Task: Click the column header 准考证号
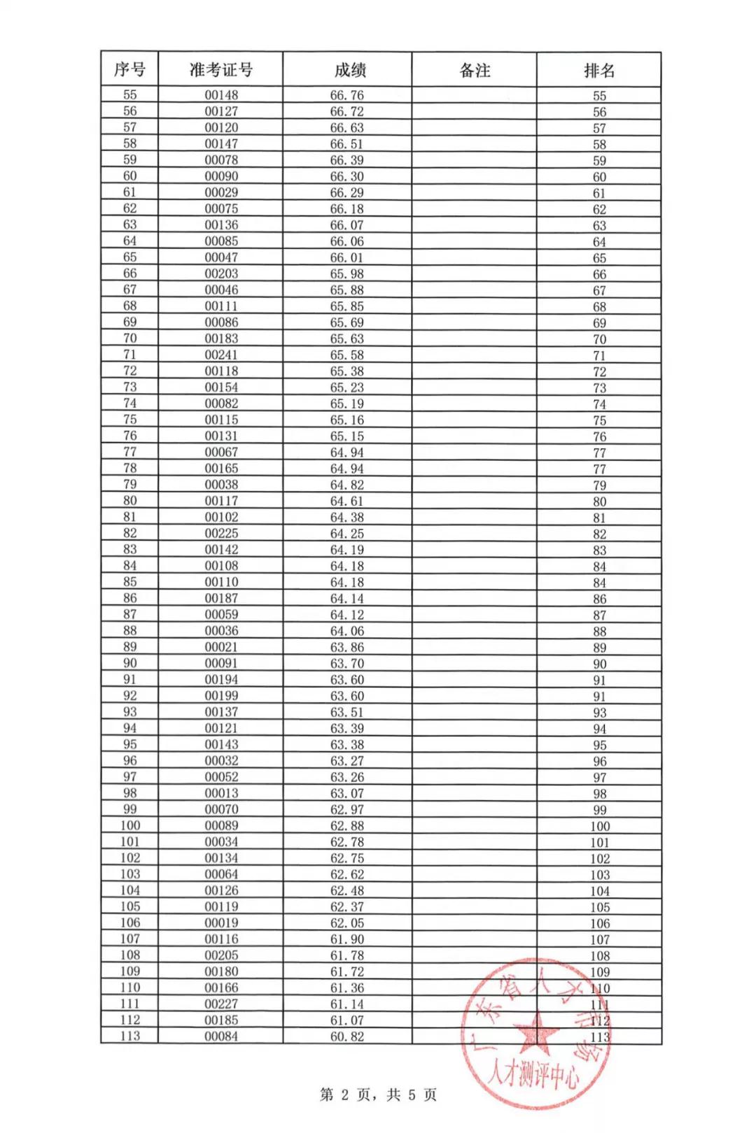point(220,70)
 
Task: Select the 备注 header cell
point(474,70)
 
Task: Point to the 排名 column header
point(599,70)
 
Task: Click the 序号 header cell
point(129,70)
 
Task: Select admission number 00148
point(221,95)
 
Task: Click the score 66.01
point(347,257)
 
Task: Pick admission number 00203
point(221,273)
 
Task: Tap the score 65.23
point(347,387)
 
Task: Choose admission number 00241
point(221,355)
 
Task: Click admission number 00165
point(221,469)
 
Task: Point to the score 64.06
point(347,631)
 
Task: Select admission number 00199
point(221,696)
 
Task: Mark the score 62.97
point(347,809)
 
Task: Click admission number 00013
point(221,793)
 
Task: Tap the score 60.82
point(347,1036)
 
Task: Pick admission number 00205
point(221,955)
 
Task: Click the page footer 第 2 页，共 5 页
point(378,1095)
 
